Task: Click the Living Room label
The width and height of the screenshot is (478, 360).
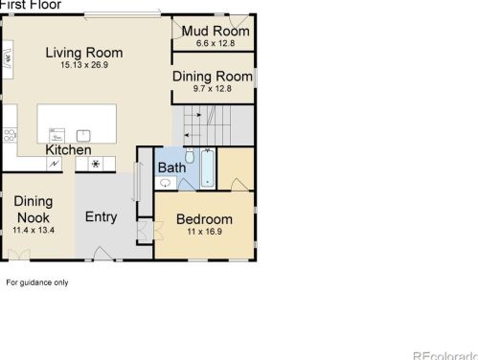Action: click(84, 53)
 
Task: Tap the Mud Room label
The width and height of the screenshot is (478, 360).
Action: click(216, 31)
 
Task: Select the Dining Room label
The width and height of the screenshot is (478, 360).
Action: click(213, 76)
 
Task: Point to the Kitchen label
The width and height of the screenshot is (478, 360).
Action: click(68, 150)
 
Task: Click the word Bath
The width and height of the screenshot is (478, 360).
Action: click(171, 169)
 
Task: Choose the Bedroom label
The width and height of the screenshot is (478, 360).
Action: click(204, 219)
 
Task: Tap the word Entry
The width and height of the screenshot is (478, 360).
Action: click(102, 217)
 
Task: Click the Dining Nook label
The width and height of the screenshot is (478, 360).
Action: click(34, 209)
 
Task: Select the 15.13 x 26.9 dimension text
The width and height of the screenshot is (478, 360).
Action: click(84, 66)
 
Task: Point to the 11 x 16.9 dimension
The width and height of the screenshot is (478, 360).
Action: click(204, 232)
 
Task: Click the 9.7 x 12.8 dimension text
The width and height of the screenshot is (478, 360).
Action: click(213, 89)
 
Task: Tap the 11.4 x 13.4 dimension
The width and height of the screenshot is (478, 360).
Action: click(34, 231)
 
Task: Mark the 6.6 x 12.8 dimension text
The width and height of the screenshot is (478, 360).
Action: click(216, 42)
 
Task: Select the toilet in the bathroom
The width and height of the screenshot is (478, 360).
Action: click(190, 158)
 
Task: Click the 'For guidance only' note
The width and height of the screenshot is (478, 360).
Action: click(37, 282)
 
